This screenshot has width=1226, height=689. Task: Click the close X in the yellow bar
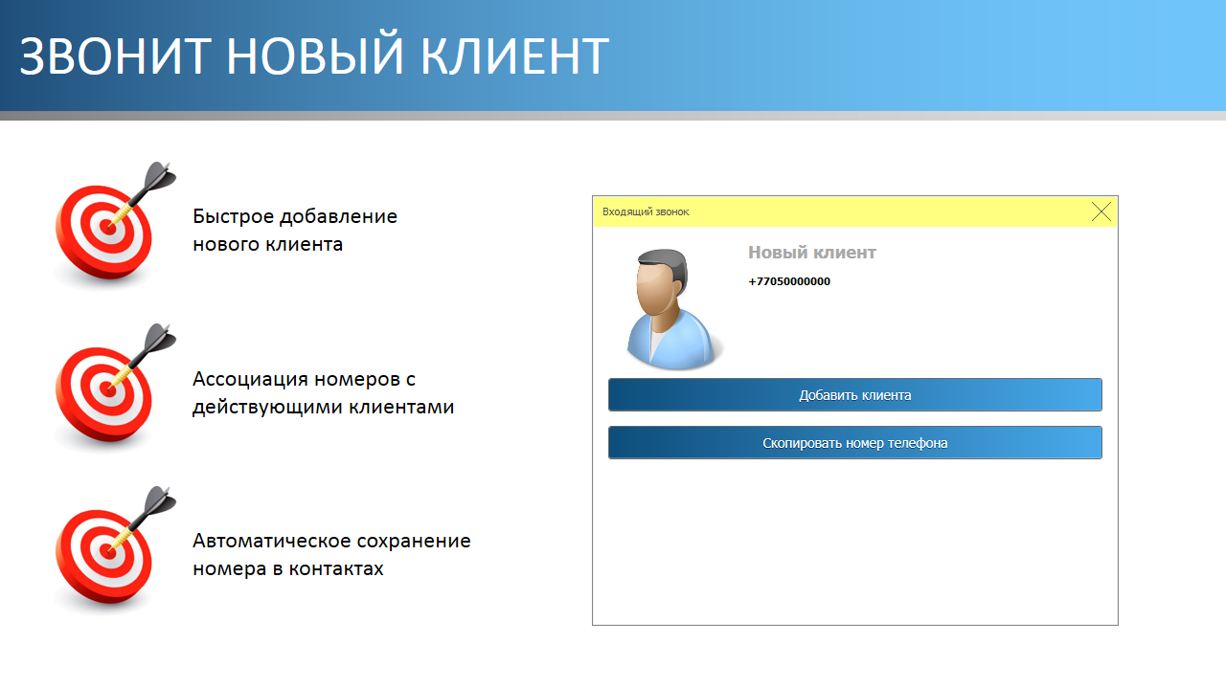1101,211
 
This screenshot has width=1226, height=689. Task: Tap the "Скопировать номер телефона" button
855,442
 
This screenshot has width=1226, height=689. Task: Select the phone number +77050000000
789,281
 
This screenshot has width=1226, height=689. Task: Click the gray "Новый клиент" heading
812,252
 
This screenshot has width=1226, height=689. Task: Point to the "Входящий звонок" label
646,211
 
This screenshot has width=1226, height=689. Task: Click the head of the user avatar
661,281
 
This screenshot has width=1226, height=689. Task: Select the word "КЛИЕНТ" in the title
515,56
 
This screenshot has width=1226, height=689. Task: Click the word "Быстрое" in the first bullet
233,217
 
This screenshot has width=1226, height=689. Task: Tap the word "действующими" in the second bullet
268,408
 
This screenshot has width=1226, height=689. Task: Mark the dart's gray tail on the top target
160,176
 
